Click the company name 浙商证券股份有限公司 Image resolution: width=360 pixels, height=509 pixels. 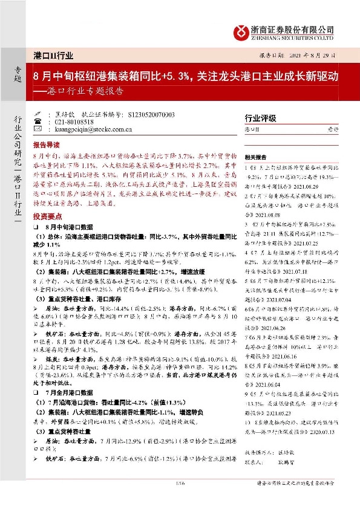point(293,28)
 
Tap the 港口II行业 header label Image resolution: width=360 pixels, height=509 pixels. point(54,56)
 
